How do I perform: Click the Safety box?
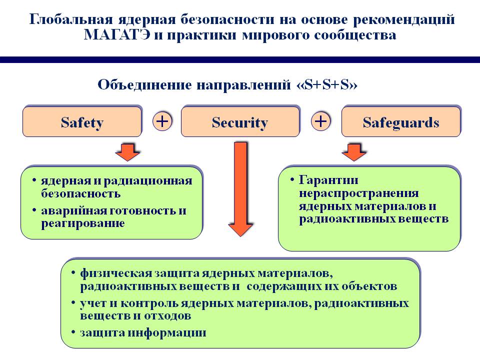coord(82,121)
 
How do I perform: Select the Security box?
coord(240,121)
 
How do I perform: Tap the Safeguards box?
coord(401,121)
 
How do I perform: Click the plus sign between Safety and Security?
coord(162,121)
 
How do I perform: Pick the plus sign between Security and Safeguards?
coord(321,121)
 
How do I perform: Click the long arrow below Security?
coord(240,189)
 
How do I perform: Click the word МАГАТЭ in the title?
coord(117,35)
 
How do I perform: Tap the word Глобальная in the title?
coord(71,19)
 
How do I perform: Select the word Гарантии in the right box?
coord(328,180)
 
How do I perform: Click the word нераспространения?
coord(359,193)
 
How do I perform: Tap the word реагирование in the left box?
coord(83,223)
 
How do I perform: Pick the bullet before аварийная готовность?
coord(34,210)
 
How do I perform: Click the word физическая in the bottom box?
coord(116,273)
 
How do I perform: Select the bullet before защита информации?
coord(73,332)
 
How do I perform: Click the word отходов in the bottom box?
coord(168,315)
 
